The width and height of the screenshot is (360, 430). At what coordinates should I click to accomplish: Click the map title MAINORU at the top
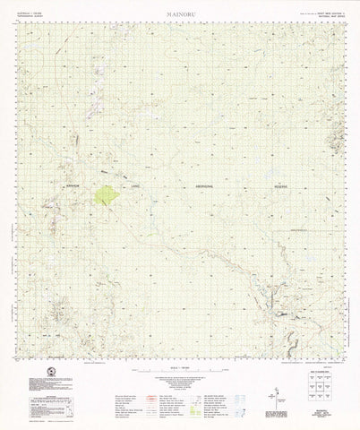click(180, 15)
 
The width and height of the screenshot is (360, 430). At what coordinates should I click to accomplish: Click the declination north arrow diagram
click(277, 375)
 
